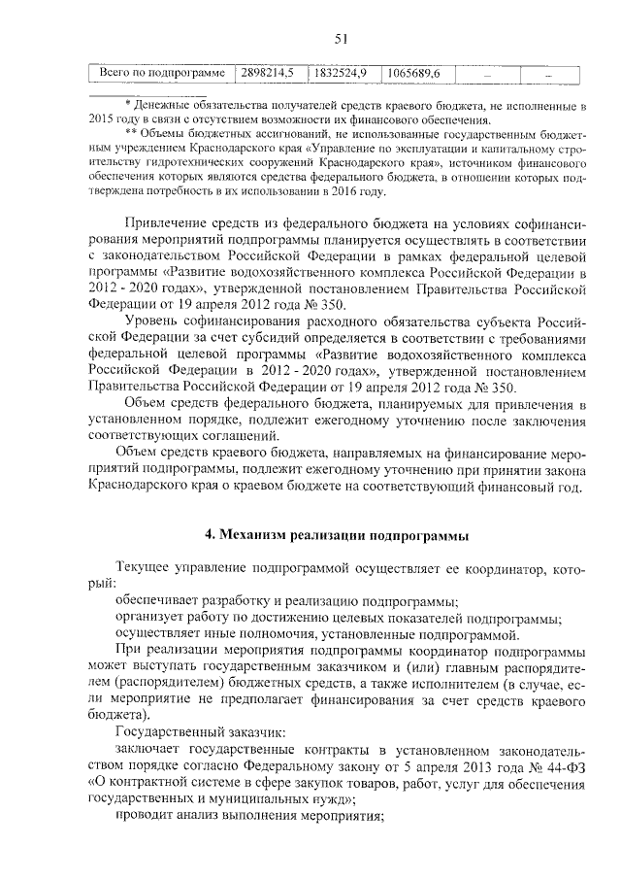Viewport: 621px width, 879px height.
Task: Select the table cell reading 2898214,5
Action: (268, 74)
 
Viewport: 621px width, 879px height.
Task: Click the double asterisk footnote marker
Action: (131, 131)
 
